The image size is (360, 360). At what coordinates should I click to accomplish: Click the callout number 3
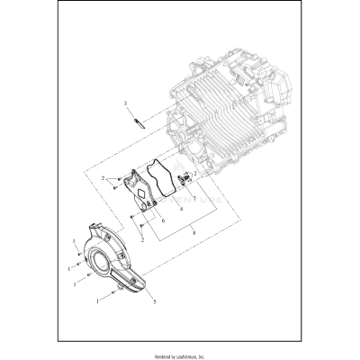click(127, 104)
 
